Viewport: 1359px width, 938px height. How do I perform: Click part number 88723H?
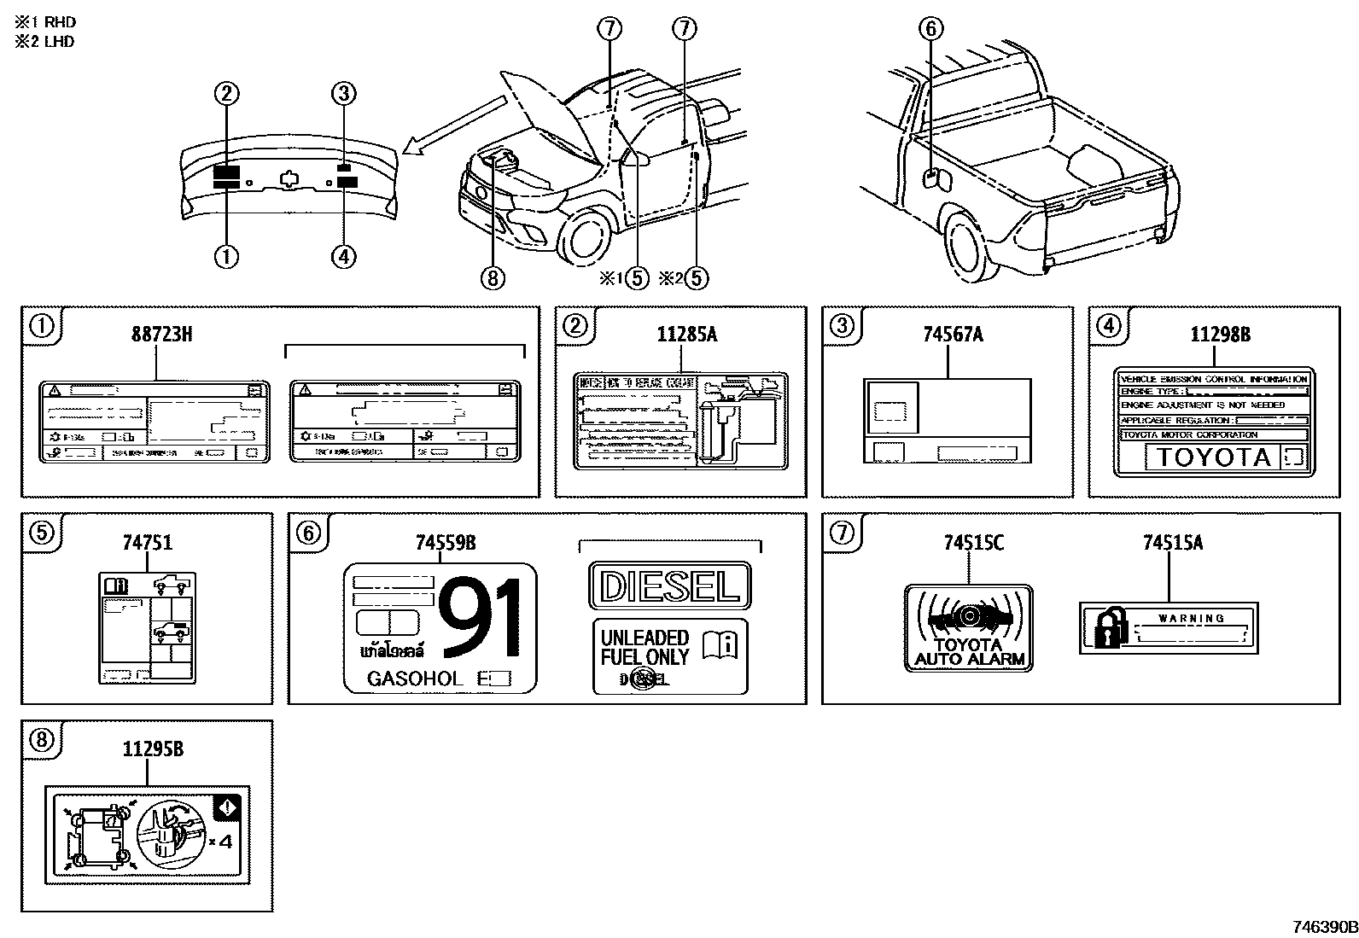click(161, 334)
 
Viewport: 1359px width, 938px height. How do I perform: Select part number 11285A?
click(686, 334)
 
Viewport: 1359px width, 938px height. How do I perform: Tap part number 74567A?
click(953, 334)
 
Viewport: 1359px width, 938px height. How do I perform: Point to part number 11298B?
click(1220, 335)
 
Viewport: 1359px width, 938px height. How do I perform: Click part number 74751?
click(147, 542)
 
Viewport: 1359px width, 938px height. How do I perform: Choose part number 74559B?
click(445, 542)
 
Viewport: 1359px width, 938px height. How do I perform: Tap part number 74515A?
click(1172, 542)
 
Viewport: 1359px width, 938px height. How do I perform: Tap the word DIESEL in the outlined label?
click(669, 586)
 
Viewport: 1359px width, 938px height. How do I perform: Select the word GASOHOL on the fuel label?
click(414, 679)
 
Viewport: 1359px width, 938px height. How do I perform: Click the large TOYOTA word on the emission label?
click(1213, 457)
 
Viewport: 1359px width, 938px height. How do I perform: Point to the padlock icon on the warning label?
click(1105, 629)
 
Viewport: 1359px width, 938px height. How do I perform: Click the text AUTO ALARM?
click(969, 659)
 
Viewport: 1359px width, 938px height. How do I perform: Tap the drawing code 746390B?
click(1322, 927)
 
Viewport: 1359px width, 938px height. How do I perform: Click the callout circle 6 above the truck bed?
click(930, 29)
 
